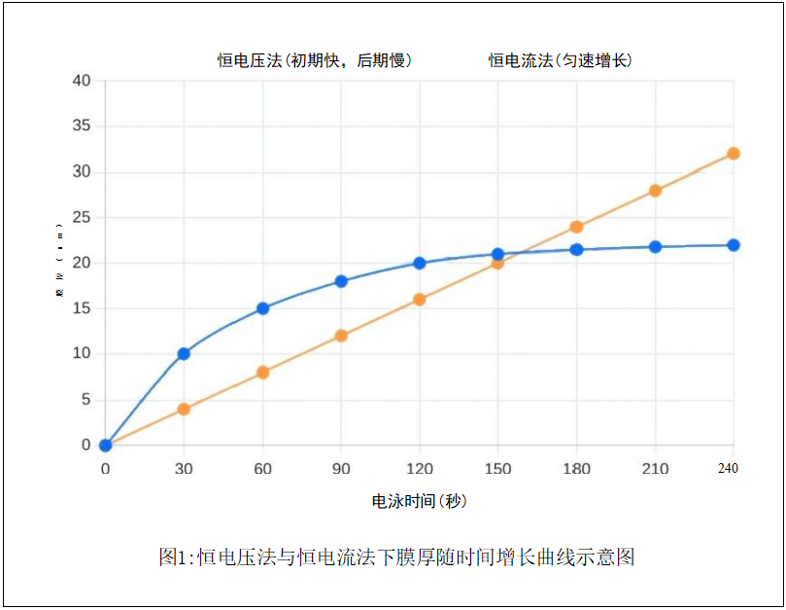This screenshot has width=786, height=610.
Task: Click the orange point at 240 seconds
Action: (x=734, y=154)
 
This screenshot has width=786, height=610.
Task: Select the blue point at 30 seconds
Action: (x=184, y=354)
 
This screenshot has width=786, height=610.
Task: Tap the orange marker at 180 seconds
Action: (x=576, y=227)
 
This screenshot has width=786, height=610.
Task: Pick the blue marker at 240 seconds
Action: (x=734, y=245)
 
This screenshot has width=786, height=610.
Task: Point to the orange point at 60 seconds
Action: (x=262, y=372)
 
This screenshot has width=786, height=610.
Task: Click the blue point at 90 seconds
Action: (x=341, y=281)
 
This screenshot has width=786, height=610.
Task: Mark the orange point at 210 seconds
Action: (x=655, y=191)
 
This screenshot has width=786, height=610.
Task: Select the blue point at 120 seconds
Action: (x=420, y=263)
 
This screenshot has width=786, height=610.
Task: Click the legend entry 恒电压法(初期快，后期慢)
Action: (x=315, y=60)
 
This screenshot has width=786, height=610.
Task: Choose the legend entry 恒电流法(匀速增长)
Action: (x=561, y=60)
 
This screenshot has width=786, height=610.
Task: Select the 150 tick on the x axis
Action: (x=497, y=469)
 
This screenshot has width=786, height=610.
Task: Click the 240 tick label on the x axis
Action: (x=728, y=469)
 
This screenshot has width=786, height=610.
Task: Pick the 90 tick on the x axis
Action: (x=341, y=469)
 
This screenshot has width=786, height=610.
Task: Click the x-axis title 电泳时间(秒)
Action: (x=420, y=502)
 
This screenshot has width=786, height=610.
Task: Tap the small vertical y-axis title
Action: (x=59, y=264)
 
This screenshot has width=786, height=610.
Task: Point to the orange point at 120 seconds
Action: (x=420, y=300)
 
